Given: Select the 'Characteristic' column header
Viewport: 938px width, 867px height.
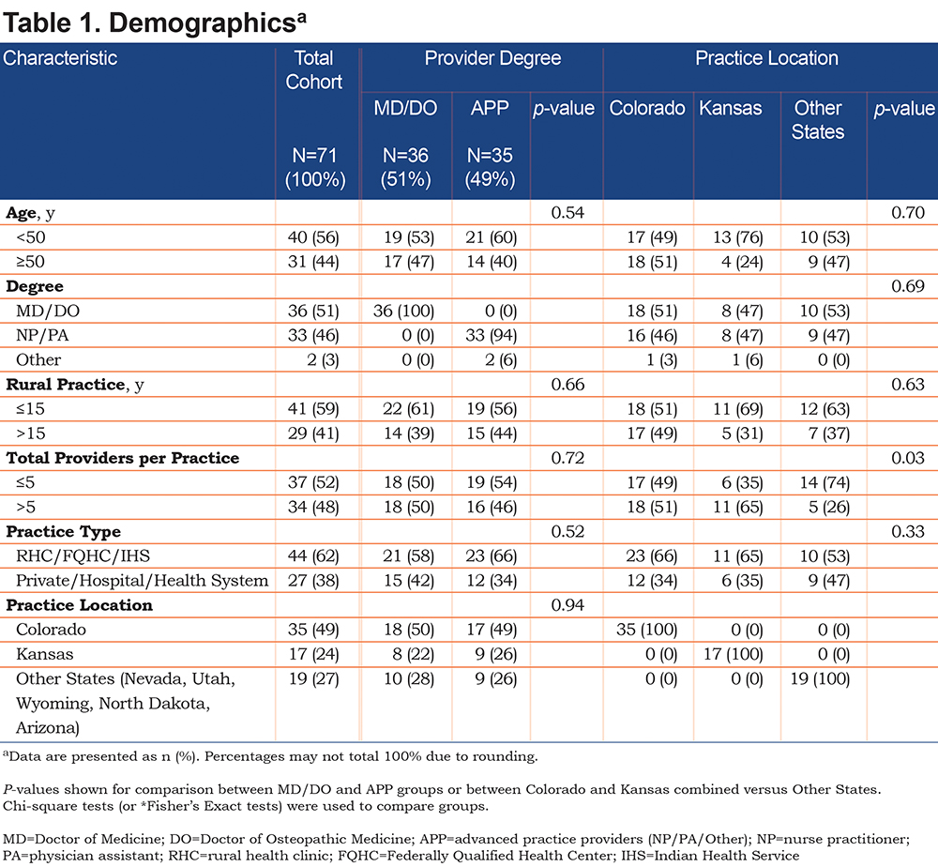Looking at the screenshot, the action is coord(60,58).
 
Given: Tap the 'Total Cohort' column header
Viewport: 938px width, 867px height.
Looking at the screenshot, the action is coord(314,70).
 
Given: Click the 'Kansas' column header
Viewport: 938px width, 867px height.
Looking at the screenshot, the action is coord(731,108).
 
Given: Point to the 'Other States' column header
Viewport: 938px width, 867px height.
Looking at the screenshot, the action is coord(818,120).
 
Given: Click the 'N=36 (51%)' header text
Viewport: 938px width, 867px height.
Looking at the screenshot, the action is coord(405,168).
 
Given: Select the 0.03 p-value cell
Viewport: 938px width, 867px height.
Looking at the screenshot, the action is coord(907,458).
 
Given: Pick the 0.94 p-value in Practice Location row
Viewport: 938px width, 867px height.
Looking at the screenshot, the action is coord(567,605).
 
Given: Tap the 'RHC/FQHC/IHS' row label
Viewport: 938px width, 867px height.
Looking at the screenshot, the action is coord(83,555).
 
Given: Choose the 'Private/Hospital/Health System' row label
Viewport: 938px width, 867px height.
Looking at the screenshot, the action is coord(143,581).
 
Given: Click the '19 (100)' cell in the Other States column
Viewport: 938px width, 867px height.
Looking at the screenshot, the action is coord(820,679).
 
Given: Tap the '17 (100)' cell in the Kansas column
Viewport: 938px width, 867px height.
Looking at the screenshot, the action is coord(734,654).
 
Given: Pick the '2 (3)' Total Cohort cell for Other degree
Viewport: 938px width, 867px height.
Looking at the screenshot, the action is coord(323,360).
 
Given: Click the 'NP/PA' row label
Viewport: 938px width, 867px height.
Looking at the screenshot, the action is coord(42,336).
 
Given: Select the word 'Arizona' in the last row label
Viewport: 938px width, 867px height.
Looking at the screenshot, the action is coord(48,728).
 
